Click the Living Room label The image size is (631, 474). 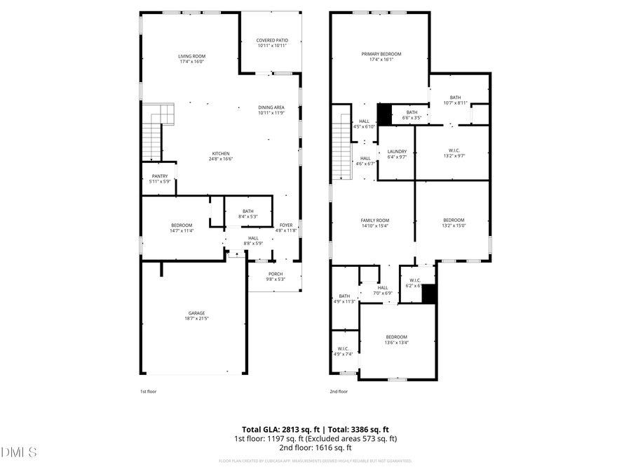(x=191, y=56)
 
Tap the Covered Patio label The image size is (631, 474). (x=272, y=41)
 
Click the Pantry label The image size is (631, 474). (x=159, y=176)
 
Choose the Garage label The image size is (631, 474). (x=196, y=313)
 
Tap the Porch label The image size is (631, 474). (x=275, y=274)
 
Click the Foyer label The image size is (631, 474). (x=286, y=225)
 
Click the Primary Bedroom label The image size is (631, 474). (x=381, y=53)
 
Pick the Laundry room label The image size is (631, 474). (x=397, y=151)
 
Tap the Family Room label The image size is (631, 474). (x=375, y=220)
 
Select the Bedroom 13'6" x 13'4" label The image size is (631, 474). (x=396, y=337)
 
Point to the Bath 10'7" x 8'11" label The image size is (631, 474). (x=456, y=98)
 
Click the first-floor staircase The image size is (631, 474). (x=152, y=140)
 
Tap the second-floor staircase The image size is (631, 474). (x=340, y=150)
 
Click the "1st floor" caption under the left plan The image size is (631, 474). (x=149, y=392)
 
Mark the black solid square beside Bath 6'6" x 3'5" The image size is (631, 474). (x=384, y=114)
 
